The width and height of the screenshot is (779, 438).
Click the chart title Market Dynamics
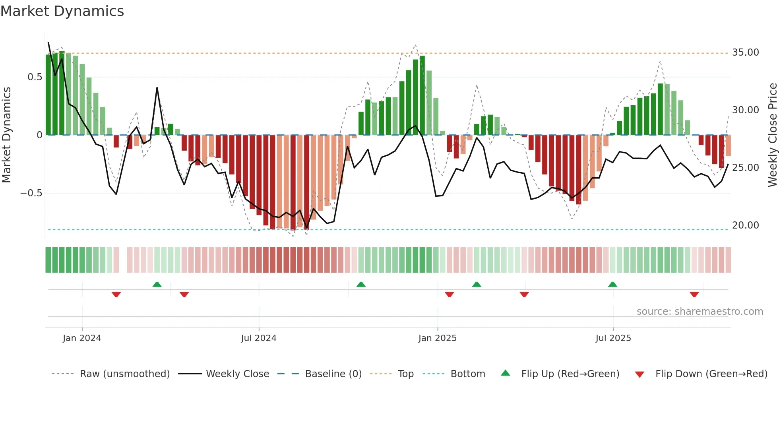[x=62, y=11]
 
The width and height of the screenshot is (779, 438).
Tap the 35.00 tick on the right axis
[x=745, y=52]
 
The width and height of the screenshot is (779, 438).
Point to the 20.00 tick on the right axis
[x=745, y=225]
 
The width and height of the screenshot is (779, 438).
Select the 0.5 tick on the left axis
[x=35, y=77]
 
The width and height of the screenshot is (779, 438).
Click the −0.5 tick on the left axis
[x=31, y=193]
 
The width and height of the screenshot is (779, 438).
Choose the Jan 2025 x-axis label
[x=437, y=338]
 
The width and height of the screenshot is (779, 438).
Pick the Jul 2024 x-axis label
[x=258, y=338]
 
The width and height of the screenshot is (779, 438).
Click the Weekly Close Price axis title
[x=772, y=135]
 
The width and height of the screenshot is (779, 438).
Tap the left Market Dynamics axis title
[x=6, y=135]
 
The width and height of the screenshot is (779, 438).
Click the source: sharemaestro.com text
[x=700, y=312]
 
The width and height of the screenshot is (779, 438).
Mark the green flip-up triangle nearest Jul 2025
[x=612, y=285]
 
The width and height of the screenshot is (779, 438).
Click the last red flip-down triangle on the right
[x=694, y=295]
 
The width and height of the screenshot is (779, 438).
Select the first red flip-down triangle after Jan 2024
[x=116, y=295]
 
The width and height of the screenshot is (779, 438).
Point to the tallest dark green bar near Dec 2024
[x=422, y=95]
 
